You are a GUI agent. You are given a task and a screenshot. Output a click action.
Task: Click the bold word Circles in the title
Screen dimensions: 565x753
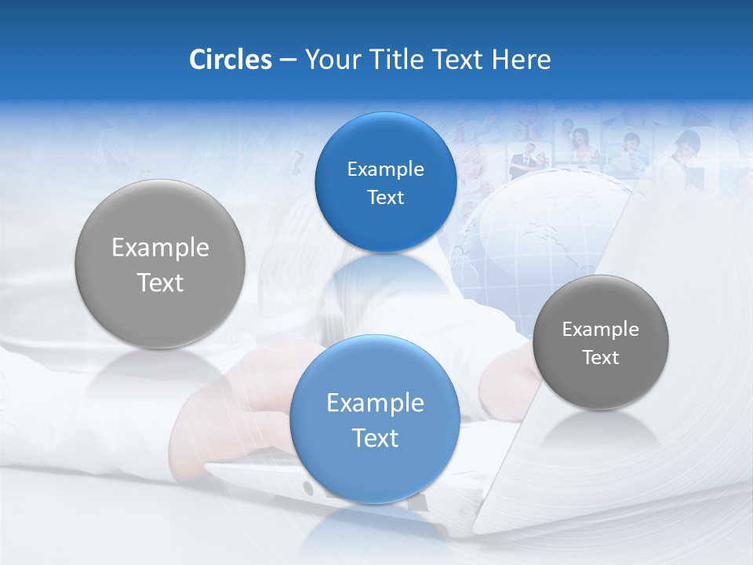[x=230, y=60]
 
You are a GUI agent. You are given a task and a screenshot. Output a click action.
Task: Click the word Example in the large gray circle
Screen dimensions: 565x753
[x=160, y=248]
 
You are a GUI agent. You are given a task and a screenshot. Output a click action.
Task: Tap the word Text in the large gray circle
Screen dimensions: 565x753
[x=160, y=282]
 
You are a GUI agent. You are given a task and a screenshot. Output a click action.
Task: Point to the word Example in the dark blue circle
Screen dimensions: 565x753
[x=385, y=169]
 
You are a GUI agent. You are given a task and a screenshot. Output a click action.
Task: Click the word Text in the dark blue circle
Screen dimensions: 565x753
[x=385, y=198]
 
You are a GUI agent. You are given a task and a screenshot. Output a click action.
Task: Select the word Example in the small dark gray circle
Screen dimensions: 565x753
[x=600, y=330]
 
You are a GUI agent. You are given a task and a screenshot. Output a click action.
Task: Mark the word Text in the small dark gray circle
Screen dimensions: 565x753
[x=600, y=358]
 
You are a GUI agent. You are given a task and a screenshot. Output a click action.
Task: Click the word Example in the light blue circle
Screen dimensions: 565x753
[x=375, y=403]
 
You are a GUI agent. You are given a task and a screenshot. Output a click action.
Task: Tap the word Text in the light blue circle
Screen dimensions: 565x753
[x=375, y=438]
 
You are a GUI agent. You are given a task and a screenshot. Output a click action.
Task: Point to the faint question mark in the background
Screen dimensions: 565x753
[x=296, y=163]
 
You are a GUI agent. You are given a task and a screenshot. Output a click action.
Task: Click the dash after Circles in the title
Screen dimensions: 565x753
[x=288, y=60]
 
